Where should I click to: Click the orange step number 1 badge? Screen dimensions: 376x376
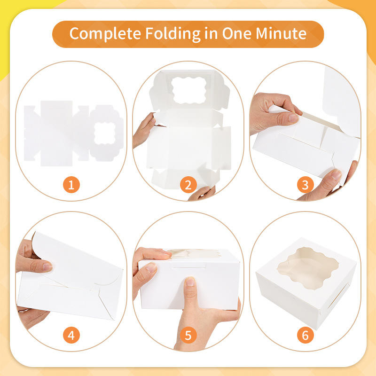click(x=71, y=185)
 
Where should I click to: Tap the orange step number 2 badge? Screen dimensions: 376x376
click(x=188, y=185)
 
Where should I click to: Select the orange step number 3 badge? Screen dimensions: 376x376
click(x=305, y=185)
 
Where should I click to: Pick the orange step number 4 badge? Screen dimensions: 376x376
click(x=71, y=335)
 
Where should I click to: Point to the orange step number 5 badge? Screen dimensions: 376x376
click(x=188, y=335)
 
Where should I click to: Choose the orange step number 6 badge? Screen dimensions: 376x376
click(x=305, y=335)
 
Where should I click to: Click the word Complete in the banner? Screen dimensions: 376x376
click(x=105, y=34)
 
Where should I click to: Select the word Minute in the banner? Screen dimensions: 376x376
click(x=281, y=33)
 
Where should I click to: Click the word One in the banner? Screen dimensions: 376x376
click(x=236, y=33)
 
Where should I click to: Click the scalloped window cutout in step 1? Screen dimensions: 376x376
click(x=105, y=133)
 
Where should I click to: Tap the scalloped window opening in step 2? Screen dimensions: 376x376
click(x=189, y=90)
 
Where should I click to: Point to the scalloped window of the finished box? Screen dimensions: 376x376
click(x=308, y=268)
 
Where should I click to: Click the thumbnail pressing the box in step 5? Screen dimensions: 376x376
click(x=190, y=282)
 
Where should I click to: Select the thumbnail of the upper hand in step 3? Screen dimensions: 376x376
click(x=293, y=118)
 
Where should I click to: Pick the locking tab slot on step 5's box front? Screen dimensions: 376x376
click(x=189, y=265)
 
